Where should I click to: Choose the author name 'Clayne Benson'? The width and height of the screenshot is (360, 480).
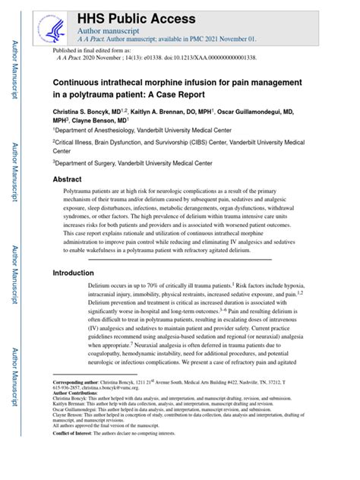click(x=98, y=120)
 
